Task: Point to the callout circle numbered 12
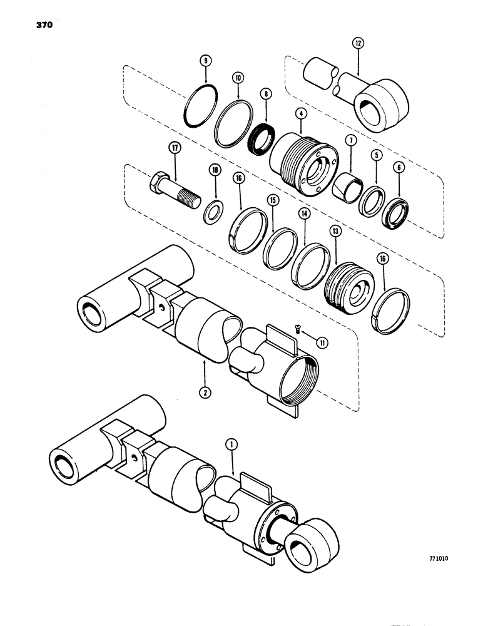pos(358,44)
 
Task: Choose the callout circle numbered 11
pos(323,342)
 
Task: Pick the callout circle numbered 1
pos(231,446)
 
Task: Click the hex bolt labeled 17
pos(173,187)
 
